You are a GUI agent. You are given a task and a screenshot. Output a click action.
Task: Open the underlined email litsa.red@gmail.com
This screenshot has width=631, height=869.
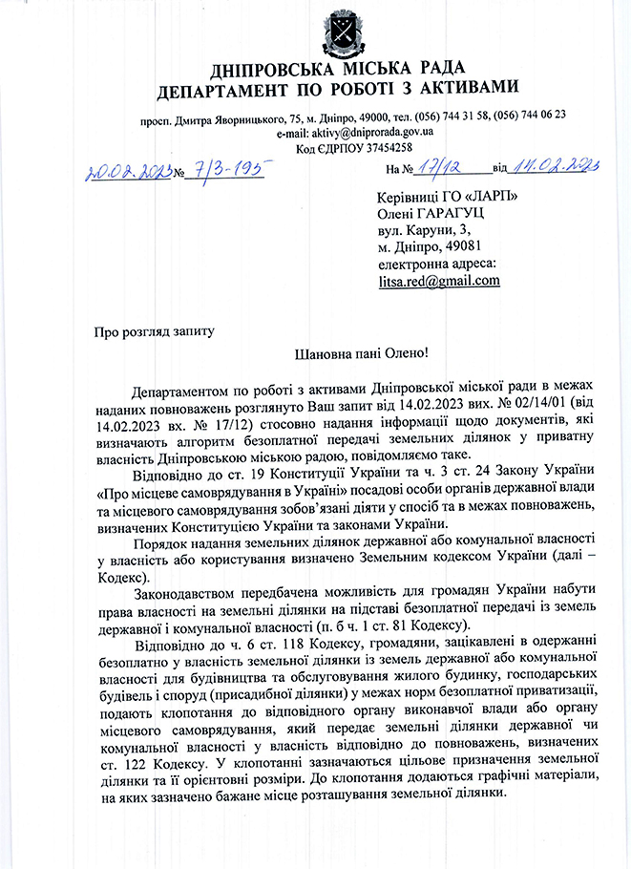point(439,281)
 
